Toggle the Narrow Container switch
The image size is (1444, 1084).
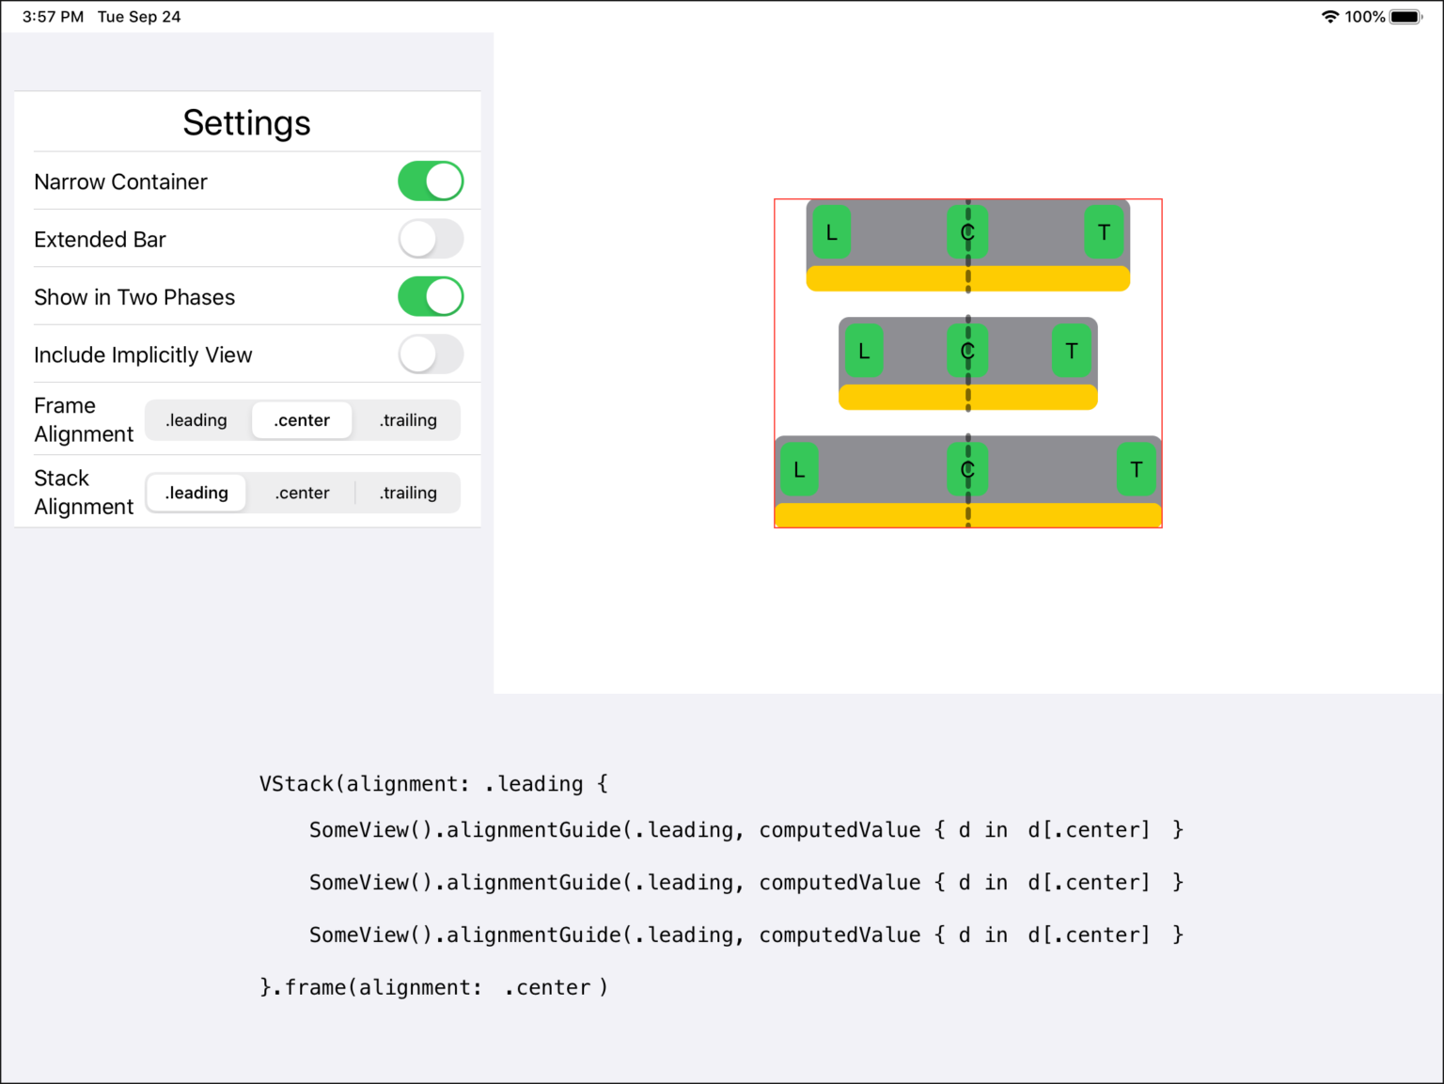(431, 181)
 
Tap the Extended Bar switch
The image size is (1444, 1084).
(431, 239)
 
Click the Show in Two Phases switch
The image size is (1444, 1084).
(431, 297)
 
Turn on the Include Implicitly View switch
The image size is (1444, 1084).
(431, 354)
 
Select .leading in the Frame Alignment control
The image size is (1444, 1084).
(196, 420)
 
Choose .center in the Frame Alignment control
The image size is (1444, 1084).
(302, 420)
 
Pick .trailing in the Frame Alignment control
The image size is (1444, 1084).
(408, 420)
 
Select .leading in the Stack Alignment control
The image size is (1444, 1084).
(196, 493)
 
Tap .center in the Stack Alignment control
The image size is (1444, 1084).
(302, 493)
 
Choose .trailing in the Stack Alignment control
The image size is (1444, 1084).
(408, 493)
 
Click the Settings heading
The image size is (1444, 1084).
(246, 123)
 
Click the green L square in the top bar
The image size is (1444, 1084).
(832, 231)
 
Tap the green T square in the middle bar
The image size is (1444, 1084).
(1072, 351)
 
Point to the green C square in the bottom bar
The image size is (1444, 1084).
(967, 469)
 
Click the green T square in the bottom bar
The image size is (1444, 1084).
(1137, 469)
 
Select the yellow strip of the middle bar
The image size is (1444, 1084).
(967, 398)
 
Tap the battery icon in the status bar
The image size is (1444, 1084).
(1405, 17)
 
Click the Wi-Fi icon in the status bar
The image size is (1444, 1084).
(1329, 17)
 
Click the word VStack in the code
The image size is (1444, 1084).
(297, 784)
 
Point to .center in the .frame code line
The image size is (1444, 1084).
(547, 987)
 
